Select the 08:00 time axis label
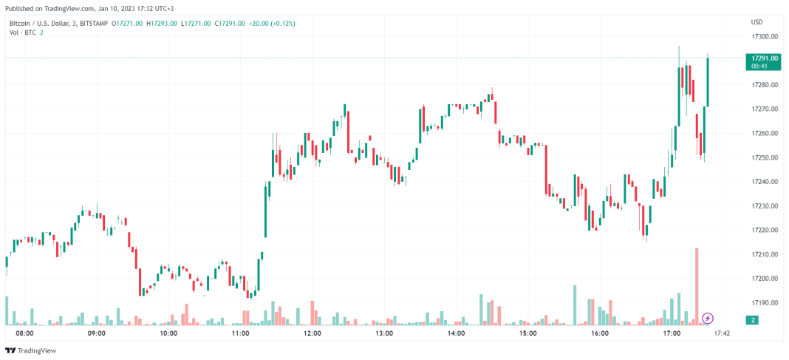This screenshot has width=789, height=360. (x=25, y=333)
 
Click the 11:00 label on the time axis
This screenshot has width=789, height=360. (x=240, y=333)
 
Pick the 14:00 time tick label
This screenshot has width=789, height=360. (x=456, y=333)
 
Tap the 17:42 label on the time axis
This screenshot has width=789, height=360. (x=722, y=333)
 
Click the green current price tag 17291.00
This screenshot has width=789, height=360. (x=763, y=58)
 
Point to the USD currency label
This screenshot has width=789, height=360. (x=756, y=21)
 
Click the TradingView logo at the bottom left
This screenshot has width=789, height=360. (x=30, y=350)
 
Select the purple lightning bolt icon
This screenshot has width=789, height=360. (x=708, y=319)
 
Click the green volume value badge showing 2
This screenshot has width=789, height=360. (x=752, y=320)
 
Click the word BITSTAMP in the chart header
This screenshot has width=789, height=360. (x=92, y=24)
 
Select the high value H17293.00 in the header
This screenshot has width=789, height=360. (x=161, y=24)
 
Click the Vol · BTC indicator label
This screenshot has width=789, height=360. (x=24, y=33)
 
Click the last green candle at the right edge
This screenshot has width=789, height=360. (x=708, y=82)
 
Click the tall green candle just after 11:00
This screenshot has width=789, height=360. (x=265, y=211)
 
